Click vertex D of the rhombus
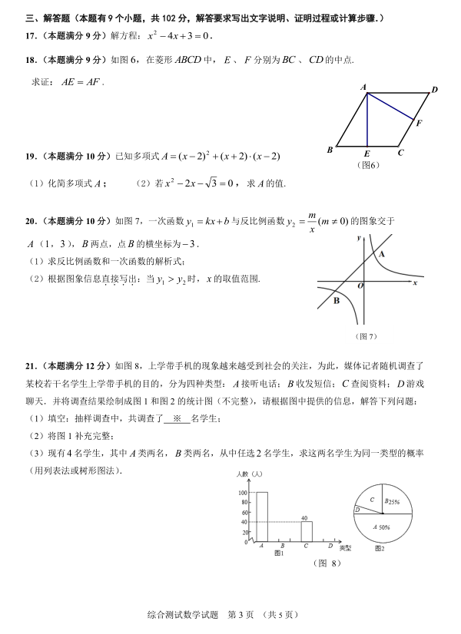coord(434,91)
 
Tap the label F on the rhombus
coord(419,122)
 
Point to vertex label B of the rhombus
coord(330,150)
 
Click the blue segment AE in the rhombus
coord(367,119)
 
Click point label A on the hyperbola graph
coord(382,253)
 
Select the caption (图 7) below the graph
coord(367,336)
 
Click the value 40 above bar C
coord(306,518)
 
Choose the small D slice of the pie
coord(357,509)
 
